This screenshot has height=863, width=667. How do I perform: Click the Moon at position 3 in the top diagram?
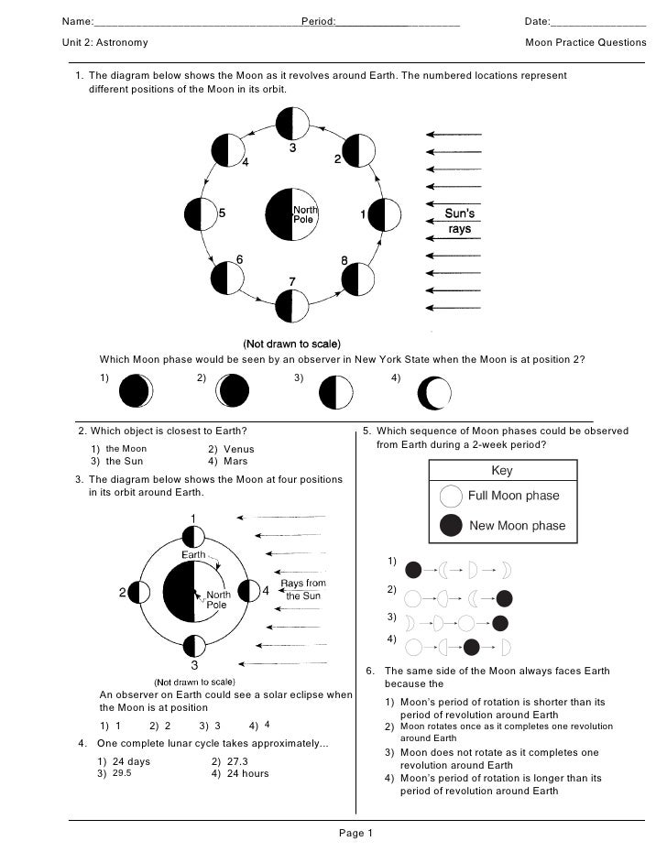tap(292, 123)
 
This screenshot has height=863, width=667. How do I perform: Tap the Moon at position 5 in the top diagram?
tap(200, 214)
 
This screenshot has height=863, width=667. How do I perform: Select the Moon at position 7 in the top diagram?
tap(292, 306)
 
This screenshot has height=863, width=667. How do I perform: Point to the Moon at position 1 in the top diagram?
tap(384, 214)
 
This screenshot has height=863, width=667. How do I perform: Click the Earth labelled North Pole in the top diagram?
tap(291, 215)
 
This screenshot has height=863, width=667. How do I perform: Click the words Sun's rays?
tap(460, 221)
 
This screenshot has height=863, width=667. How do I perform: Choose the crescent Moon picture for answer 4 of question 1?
tap(434, 393)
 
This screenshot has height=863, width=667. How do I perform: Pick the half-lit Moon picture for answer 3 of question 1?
tap(336, 393)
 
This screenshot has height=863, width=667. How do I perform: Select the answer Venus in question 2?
tap(236, 449)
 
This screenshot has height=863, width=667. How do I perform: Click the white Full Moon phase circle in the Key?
tap(451, 497)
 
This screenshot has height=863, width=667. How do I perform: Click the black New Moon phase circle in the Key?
tap(451, 526)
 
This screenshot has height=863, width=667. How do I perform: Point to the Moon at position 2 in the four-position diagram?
tap(140, 593)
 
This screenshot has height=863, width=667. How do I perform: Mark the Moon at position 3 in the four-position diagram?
tap(193, 644)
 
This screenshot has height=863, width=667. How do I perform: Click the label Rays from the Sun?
tap(303, 589)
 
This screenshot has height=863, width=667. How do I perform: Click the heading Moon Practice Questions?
tap(585, 43)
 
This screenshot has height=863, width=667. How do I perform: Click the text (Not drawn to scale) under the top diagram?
tap(291, 344)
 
